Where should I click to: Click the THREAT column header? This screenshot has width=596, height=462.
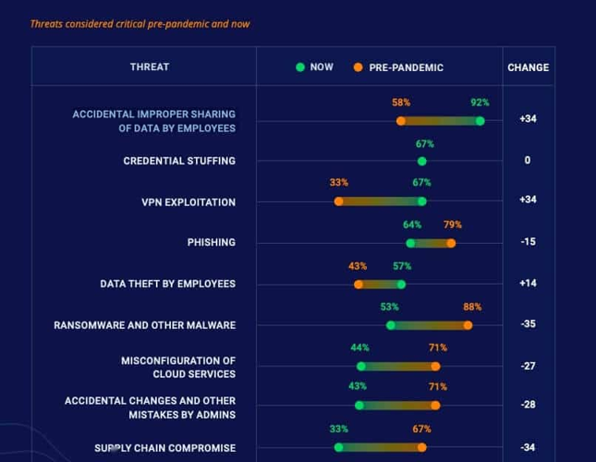tap(149, 67)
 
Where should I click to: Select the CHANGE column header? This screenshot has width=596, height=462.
tap(528, 67)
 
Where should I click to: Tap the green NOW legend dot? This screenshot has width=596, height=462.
tap(300, 67)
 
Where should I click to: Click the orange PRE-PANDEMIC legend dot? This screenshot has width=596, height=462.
tap(358, 67)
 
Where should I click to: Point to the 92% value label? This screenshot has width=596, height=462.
tap(480, 103)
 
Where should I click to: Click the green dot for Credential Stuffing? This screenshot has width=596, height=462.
tap(422, 161)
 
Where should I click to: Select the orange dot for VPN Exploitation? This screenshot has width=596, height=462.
tap(339, 201)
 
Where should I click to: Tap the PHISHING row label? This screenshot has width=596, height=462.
tap(211, 243)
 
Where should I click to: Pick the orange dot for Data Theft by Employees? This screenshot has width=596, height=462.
tap(359, 284)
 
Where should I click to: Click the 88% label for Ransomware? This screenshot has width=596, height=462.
tap(472, 307)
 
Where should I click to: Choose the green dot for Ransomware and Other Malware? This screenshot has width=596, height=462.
tap(391, 325)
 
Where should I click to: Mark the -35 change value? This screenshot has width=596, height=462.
tap(528, 325)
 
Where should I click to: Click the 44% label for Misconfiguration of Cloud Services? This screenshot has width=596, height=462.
tap(359, 347)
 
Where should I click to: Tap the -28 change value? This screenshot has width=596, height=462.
tap(528, 406)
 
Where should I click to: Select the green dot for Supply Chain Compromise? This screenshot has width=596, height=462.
tap(339, 447)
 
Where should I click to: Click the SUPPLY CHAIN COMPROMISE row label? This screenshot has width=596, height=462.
tap(164, 448)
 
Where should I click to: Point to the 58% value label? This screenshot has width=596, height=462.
tap(401, 103)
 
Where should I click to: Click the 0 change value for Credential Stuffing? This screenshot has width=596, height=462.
tap(528, 161)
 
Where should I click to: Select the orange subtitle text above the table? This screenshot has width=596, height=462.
tap(140, 24)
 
